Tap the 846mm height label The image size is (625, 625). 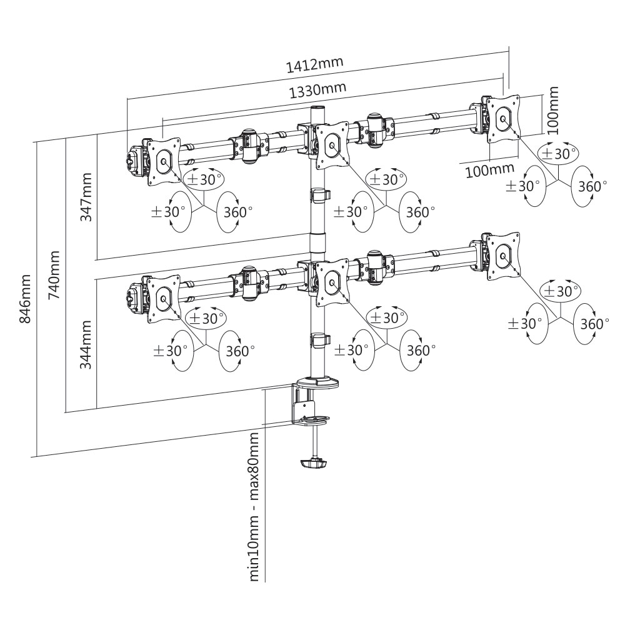(26, 298)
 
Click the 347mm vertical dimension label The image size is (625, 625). (87, 197)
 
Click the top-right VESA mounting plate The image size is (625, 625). (502, 118)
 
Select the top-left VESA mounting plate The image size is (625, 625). (164, 161)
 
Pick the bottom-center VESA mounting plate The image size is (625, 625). (332, 284)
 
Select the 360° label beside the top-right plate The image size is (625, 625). (591, 186)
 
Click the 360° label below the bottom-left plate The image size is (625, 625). (237, 350)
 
